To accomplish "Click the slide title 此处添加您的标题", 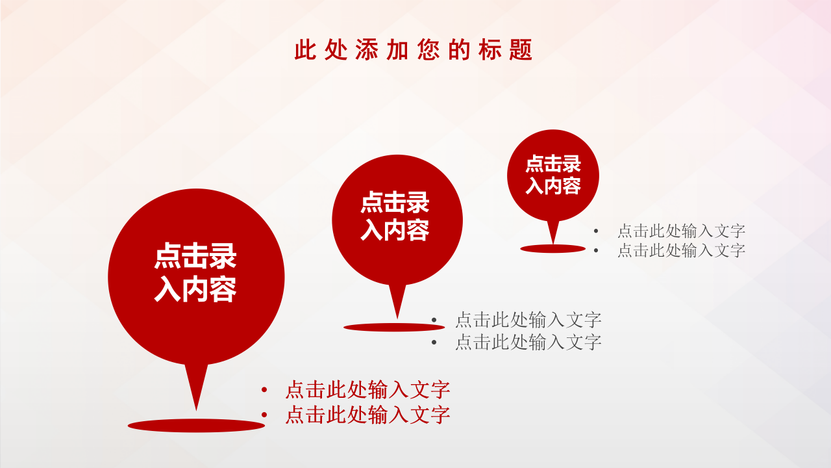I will (x=414, y=50).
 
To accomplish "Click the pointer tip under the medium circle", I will (x=397, y=316).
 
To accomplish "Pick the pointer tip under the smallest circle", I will (x=553, y=242).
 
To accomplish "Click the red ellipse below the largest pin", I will (x=196, y=426).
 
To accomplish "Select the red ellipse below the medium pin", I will (x=394, y=327).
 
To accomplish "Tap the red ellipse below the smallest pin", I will (x=553, y=248).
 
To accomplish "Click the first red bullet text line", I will (x=367, y=390).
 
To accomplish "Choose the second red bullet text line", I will (x=367, y=415).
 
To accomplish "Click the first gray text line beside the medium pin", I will (x=528, y=320).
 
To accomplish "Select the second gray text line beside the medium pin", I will (x=528, y=342).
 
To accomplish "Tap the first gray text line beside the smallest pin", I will (x=681, y=231).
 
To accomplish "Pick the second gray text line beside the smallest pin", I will (x=681, y=250).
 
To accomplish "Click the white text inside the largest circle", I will (x=195, y=273).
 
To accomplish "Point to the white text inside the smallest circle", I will (x=553, y=175).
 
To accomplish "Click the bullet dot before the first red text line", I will (x=264, y=390).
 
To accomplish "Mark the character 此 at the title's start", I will (x=304, y=50).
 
